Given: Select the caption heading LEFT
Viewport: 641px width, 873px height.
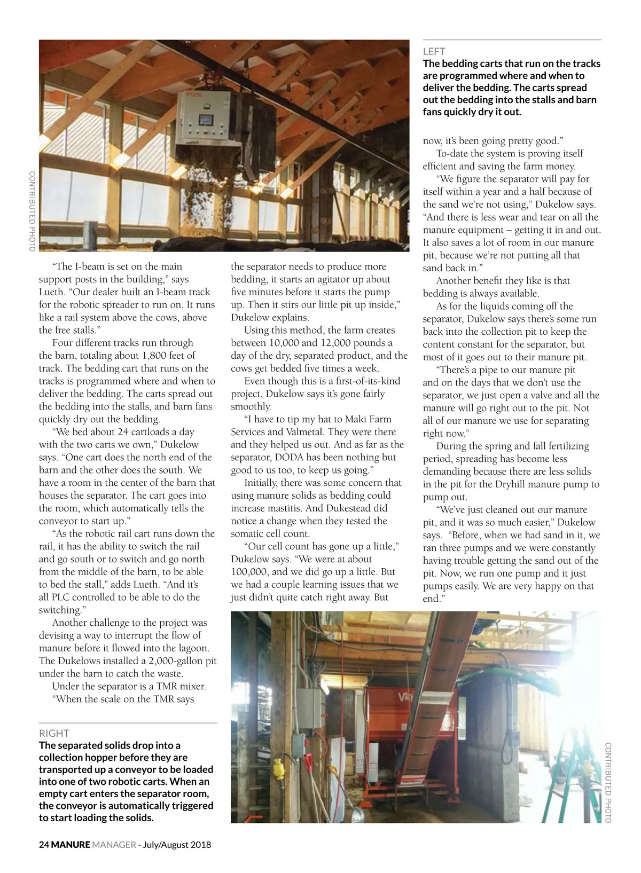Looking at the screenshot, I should coord(434,51).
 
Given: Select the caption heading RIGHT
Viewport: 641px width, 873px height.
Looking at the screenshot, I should coord(54,733).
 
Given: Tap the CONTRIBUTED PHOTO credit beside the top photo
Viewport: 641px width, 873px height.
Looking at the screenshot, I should coord(32,211).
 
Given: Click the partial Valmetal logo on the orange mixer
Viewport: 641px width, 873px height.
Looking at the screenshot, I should coord(405,696).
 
